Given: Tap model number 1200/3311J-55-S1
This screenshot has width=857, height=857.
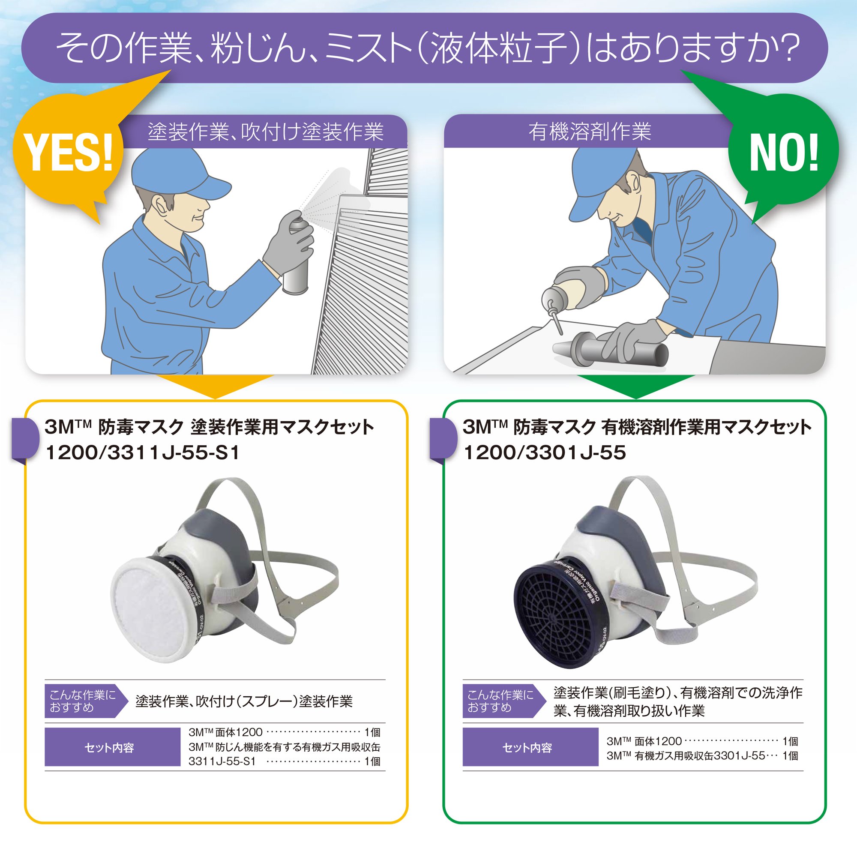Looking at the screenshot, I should click(x=142, y=453).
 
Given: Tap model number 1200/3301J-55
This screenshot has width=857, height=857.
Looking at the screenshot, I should click(x=544, y=453).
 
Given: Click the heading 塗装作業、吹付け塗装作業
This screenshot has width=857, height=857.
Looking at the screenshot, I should click(x=265, y=132).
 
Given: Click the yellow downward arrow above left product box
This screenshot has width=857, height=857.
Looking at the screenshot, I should click(x=215, y=387).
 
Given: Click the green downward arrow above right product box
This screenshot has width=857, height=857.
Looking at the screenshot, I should click(x=635, y=387).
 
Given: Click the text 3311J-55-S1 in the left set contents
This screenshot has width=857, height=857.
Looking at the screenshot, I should click(x=222, y=761).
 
